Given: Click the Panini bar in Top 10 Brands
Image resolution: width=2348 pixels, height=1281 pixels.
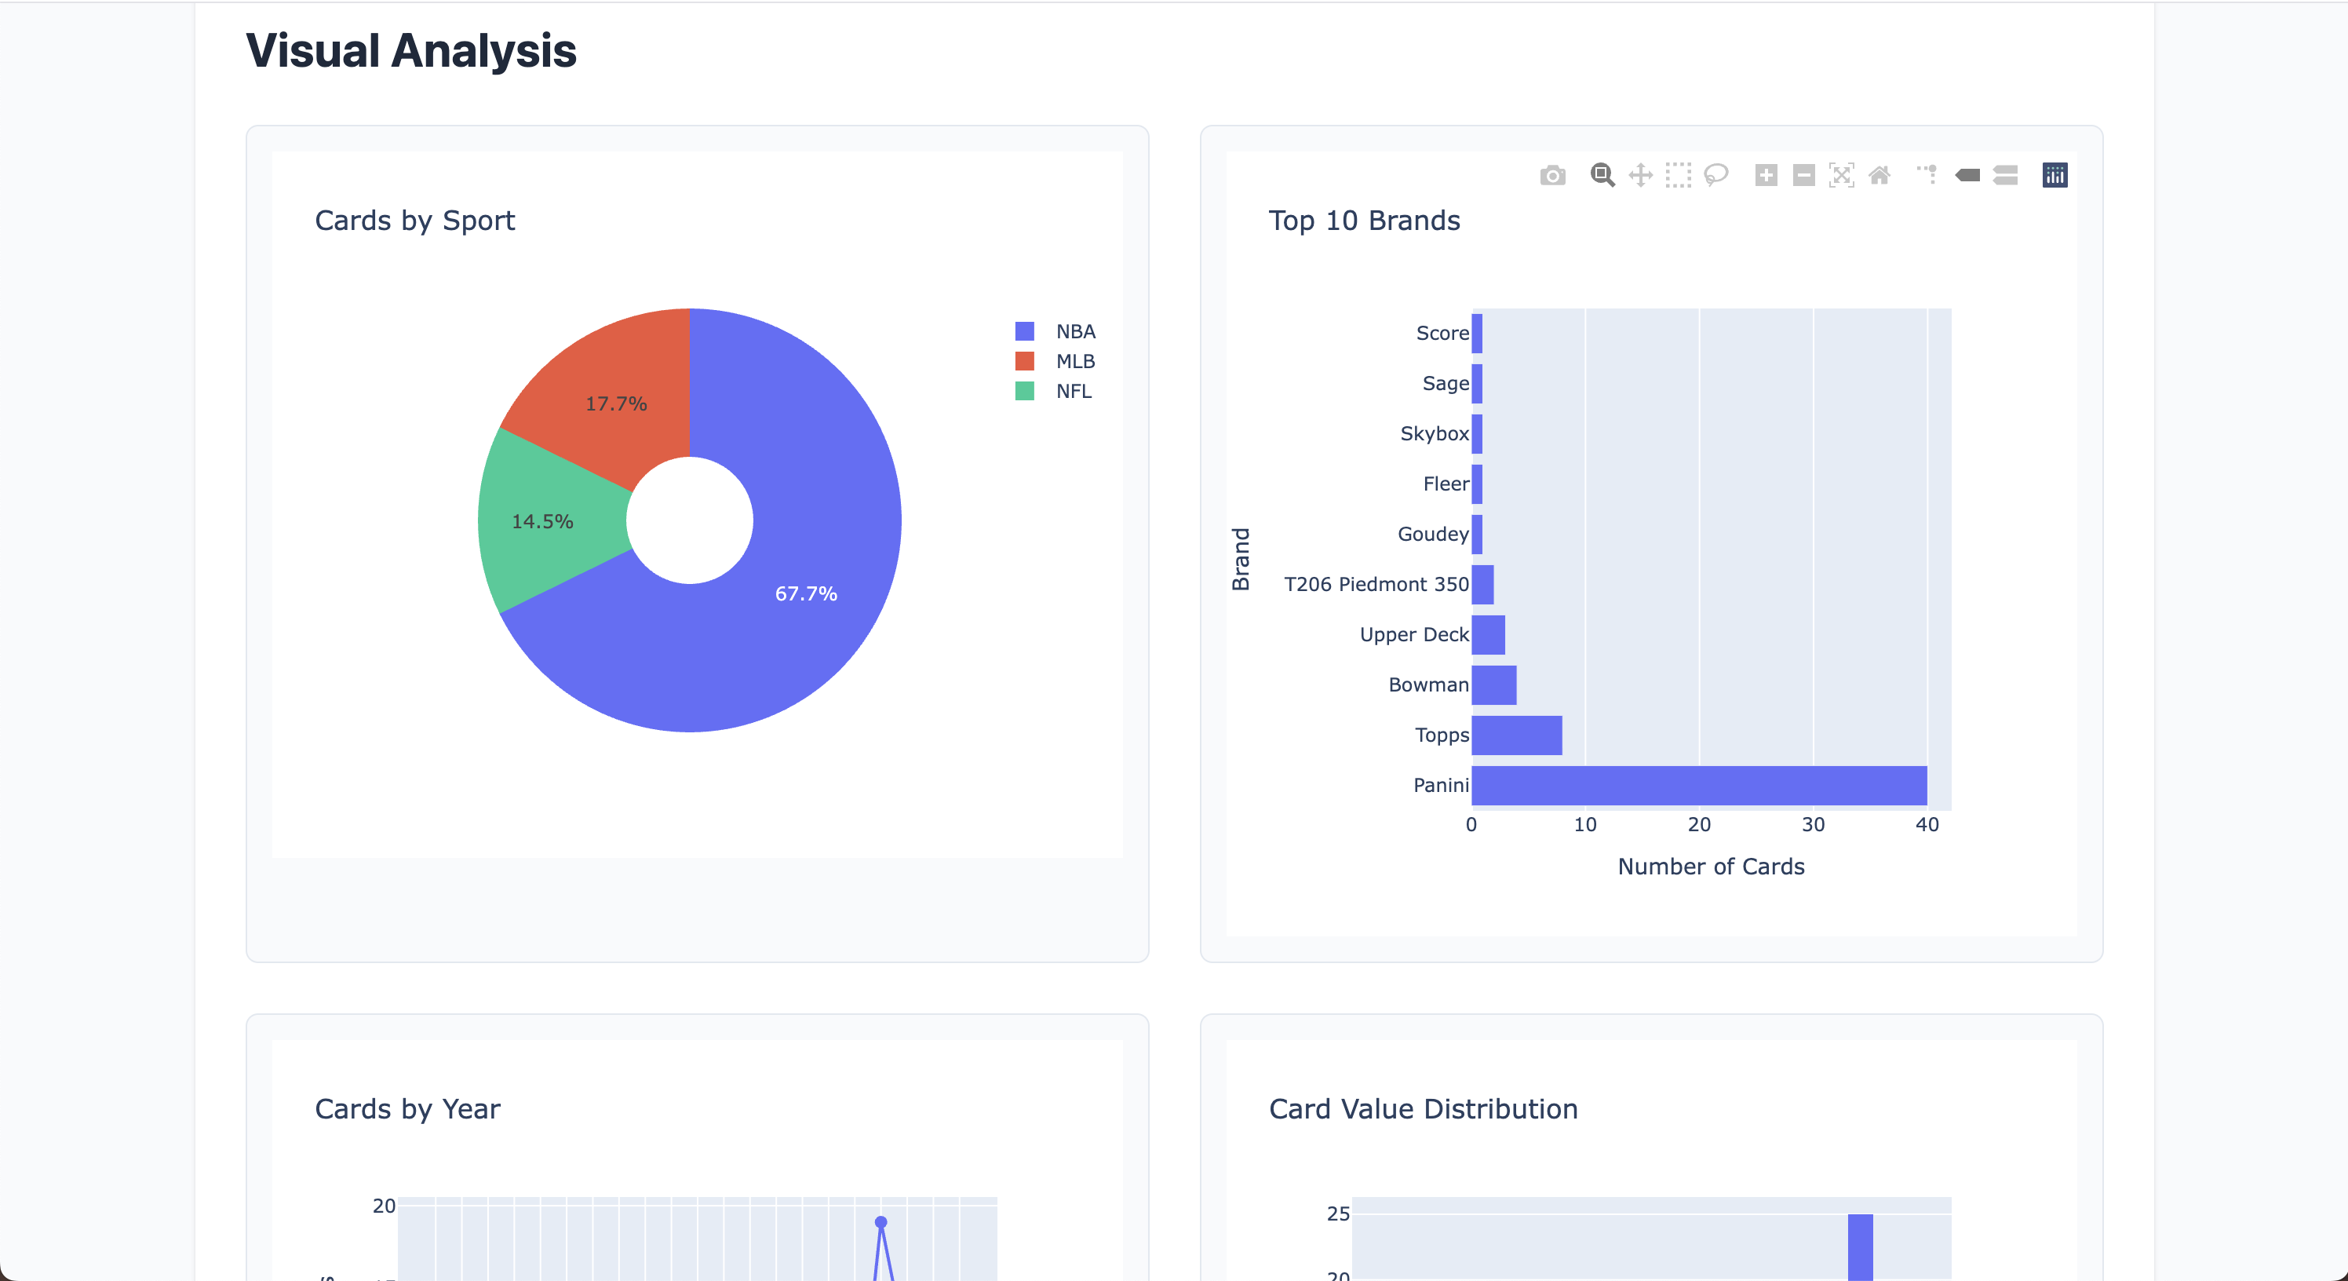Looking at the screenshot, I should click(1699, 785).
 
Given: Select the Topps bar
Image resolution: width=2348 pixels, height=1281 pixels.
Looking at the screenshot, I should click(1517, 735).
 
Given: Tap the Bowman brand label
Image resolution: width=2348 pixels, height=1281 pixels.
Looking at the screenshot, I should click(1428, 684).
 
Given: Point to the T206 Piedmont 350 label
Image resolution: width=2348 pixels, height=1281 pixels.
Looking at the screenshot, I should click(1376, 585).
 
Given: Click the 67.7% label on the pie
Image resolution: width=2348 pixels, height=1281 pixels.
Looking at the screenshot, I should click(806, 593).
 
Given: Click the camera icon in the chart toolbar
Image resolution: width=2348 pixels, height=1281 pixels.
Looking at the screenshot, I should click(1553, 175).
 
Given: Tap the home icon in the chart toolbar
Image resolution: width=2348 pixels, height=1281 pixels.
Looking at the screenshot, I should click(1879, 175).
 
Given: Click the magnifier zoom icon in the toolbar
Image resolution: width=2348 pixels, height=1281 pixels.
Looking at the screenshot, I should click(1602, 175).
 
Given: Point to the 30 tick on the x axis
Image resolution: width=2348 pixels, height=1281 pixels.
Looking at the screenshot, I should click(1813, 824).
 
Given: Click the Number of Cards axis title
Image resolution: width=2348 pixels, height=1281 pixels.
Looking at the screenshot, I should click(1711, 866).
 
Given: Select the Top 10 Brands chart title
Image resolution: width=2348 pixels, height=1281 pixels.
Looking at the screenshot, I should click(1364, 221).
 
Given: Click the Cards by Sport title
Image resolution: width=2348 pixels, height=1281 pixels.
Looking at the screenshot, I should click(414, 221).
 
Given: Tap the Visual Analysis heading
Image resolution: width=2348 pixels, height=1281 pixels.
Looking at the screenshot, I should click(411, 51).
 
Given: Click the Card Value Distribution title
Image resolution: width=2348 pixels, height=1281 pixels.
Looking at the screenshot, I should click(1423, 1108).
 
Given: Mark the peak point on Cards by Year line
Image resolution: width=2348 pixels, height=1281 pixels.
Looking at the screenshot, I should click(880, 1221).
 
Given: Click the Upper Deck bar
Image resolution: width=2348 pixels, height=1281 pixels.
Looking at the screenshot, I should click(1489, 634).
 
